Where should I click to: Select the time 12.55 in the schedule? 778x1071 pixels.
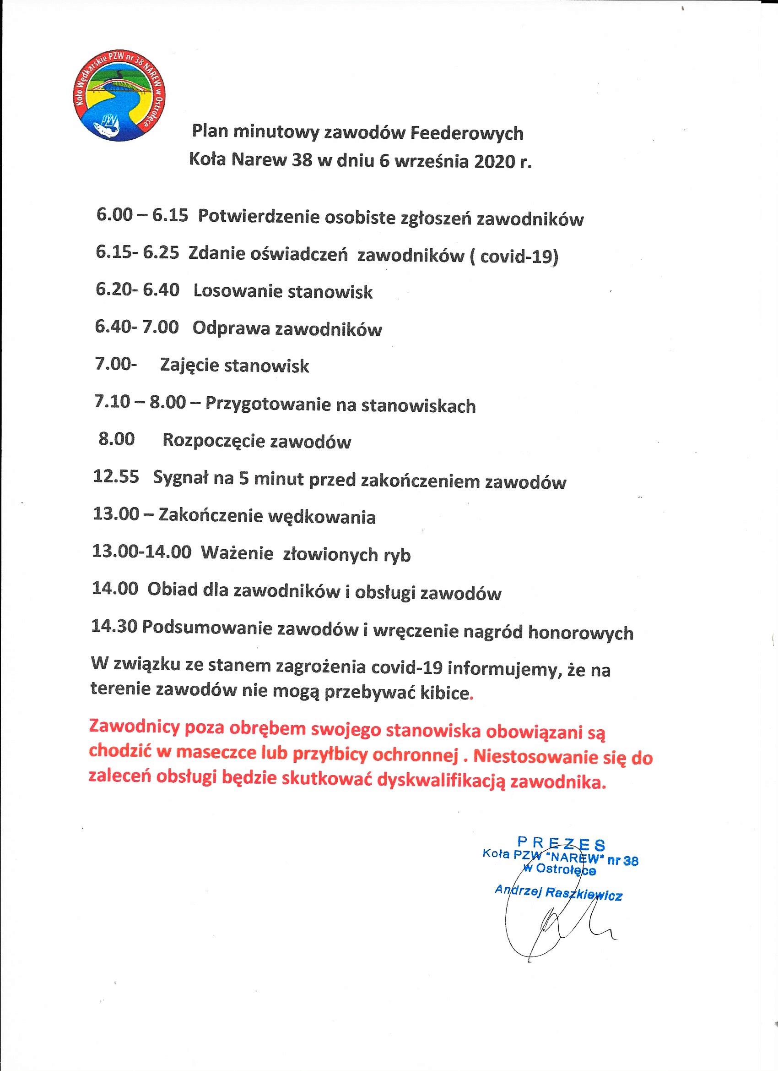(116, 477)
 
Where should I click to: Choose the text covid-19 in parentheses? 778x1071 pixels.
(518, 256)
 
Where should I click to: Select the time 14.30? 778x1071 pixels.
(115, 626)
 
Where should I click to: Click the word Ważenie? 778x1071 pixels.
(238, 553)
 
